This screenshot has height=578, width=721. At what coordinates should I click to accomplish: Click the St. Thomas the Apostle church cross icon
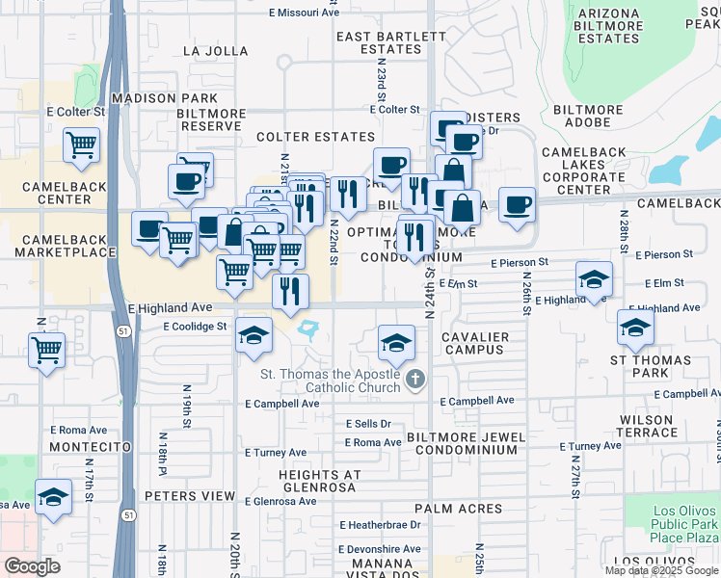coord(415,379)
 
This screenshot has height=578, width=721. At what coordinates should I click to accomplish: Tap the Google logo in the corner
coord(32,566)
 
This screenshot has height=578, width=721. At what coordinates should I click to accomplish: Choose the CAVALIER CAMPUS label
coord(474,342)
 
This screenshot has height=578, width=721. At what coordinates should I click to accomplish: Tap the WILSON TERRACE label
coord(647,427)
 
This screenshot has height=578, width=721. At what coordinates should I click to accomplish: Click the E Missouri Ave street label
coord(304,13)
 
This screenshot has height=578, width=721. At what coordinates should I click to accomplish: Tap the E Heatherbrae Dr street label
coord(380,525)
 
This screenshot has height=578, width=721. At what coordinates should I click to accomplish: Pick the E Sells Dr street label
coord(368,424)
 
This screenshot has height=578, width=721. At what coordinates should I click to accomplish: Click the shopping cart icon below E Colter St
coord(82,145)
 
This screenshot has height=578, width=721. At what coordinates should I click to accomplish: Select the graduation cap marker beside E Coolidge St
coord(254,335)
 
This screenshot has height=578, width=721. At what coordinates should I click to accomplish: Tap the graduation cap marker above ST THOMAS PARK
coord(635,328)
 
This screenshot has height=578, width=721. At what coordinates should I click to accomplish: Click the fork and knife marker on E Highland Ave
coord(290,290)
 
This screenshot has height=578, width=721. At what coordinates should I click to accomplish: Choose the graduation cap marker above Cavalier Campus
coord(395,341)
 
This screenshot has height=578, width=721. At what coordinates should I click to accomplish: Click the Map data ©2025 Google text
coord(661,570)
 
